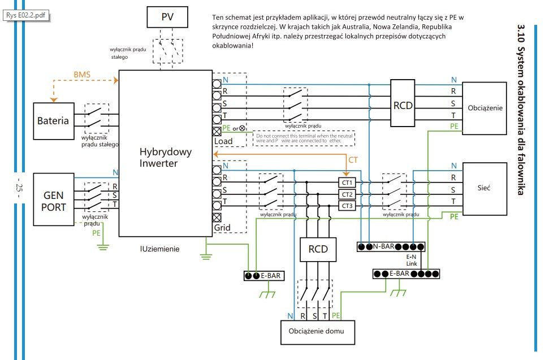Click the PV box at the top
click(168, 17)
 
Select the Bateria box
click(53, 120)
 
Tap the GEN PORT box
click(54, 200)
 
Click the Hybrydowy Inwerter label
click(165, 158)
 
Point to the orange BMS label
click(82, 74)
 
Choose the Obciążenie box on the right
click(485, 107)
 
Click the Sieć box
click(484, 188)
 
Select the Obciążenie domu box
click(318, 331)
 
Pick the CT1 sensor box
click(347, 183)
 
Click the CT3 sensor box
click(347, 206)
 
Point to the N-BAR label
click(384, 247)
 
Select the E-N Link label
click(412, 260)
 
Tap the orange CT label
click(353, 161)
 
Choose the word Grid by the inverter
click(222, 228)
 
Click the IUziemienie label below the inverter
click(161, 248)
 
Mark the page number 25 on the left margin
click(19, 187)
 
